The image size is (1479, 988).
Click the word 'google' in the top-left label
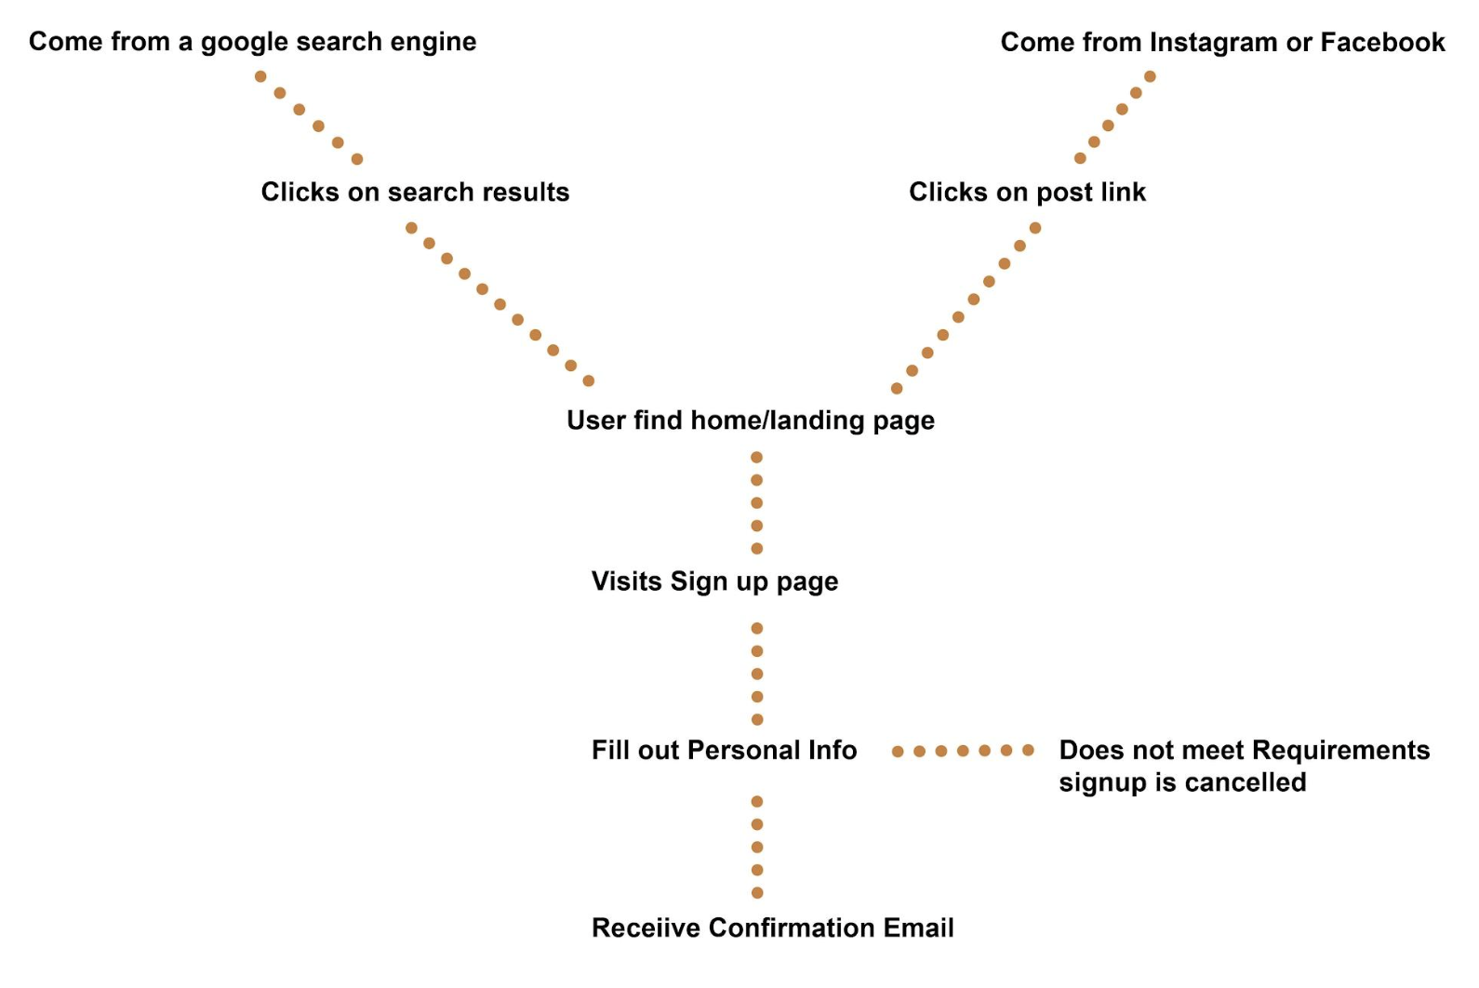pos(245,43)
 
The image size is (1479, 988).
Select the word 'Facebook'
pos(1382,42)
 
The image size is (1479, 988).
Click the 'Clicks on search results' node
pos(415,192)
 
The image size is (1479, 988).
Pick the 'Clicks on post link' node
pos(1027,192)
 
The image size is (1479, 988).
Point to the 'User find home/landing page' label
pos(751,421)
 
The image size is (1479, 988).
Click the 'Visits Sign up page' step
pos(714,581)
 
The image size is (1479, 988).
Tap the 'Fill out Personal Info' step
pos(724,750)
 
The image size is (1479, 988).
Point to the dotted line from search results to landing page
pos(500,304)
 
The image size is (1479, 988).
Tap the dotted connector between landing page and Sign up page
pos(757,503)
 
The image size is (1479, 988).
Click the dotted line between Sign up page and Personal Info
pos(757,674)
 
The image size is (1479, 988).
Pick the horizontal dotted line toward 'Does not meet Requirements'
pos(963,751)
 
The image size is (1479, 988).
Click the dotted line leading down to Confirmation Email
pos(757,848)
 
